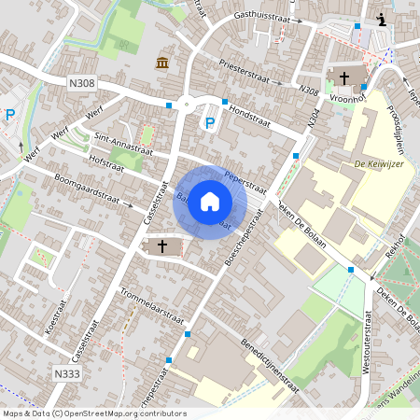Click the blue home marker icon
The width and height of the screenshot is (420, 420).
point(210,202)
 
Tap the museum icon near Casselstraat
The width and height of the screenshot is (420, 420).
point(162,63)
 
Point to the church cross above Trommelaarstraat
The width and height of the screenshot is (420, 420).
point(162,246)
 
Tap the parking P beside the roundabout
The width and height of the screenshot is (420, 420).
point(210,122)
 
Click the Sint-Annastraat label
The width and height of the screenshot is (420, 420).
point(123,142)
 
